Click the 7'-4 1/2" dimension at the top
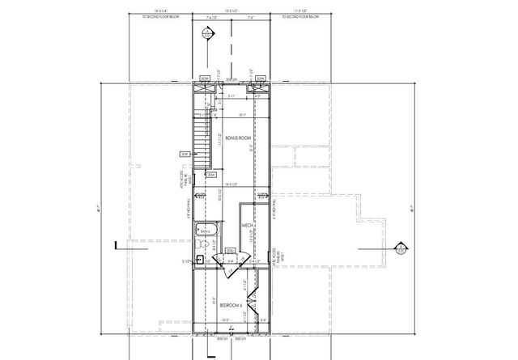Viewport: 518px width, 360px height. pyautogui.click(x=214, y=16)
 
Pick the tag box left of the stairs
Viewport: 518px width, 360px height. pyautogui.click(x=185, y=154)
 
